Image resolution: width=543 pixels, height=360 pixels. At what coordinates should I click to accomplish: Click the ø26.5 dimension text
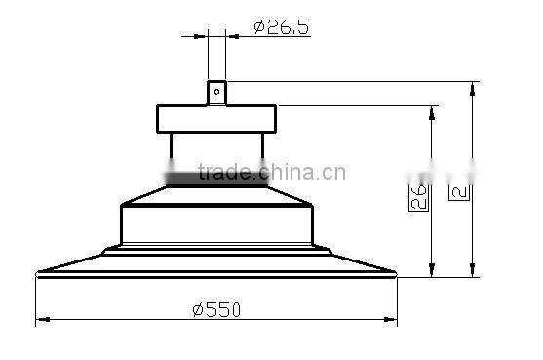[x=281, y=26]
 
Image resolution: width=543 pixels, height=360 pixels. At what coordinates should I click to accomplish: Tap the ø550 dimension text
[x=216, y=309]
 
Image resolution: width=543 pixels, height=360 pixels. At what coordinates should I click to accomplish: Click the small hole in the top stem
[x=215, y=94]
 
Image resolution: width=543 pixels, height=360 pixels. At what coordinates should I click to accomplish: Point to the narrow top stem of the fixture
[x=215, y=93]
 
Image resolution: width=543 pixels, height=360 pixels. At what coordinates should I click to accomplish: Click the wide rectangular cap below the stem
[x=215, y=118]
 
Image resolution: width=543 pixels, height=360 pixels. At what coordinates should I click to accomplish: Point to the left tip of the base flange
[x=37, y=274]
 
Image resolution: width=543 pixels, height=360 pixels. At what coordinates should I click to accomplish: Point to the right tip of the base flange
[x=396, y=274]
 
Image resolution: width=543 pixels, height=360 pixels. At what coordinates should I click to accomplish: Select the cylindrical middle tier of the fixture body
[x=215, y=224]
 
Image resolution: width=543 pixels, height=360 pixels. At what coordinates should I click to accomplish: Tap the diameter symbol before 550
[x=197, y=310]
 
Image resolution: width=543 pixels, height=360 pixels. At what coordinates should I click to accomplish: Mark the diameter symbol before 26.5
[x=259, y=27]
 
